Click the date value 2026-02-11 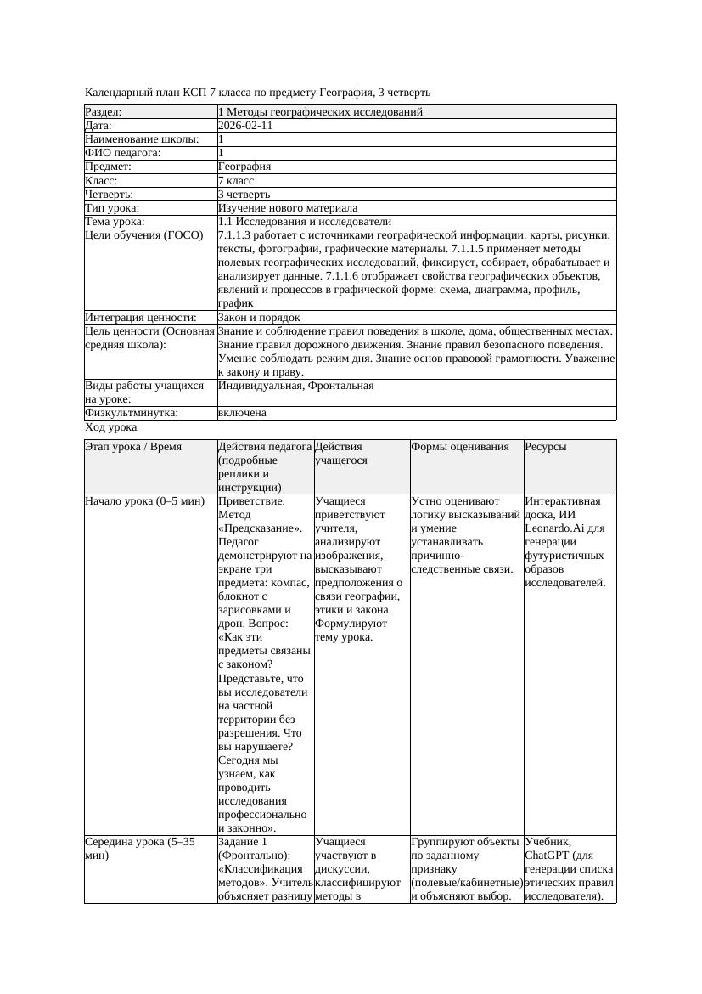coord(245,126)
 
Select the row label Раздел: coord(104,112)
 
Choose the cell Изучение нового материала coord(288,207)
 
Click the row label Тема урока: coord(115,222)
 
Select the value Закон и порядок coord(259,318)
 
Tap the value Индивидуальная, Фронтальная coord(295,386)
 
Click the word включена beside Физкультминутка coord(242,413)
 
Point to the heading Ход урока coord(111,427)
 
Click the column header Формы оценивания coord(460,446)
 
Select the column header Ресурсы coord(546,446)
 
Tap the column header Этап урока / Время coord(133,446)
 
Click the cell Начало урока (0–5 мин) coord(145,501)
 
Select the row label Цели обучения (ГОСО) coord(144,235)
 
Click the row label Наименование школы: coord(143,139)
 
